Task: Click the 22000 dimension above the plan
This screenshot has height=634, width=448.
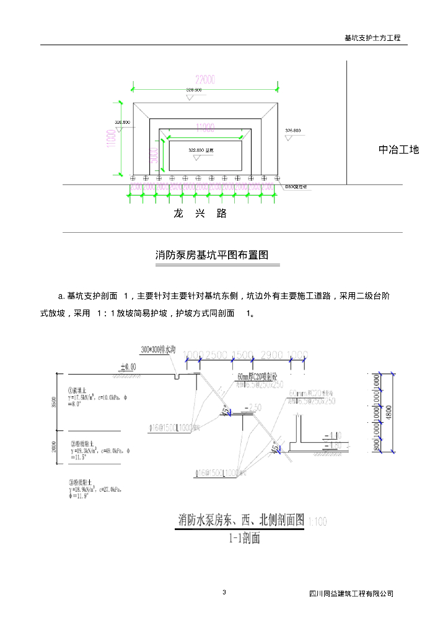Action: coord(205,79)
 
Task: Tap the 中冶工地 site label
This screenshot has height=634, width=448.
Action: coord(399,149)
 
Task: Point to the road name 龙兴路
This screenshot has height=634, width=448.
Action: coord(200,214)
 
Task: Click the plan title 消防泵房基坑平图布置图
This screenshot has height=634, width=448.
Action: coord(211,255)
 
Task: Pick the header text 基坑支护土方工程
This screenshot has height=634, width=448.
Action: coord(372,38)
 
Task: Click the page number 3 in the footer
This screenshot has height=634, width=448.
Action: coord(224,593)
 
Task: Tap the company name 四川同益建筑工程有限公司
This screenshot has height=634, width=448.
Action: coord(351,594)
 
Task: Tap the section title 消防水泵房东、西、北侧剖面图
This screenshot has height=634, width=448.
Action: coord(242,519)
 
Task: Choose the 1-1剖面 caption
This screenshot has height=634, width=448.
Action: coord(242,537)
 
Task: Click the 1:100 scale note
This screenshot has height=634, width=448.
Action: coord(317,522)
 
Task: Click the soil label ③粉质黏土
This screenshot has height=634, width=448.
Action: coord(82,481)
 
